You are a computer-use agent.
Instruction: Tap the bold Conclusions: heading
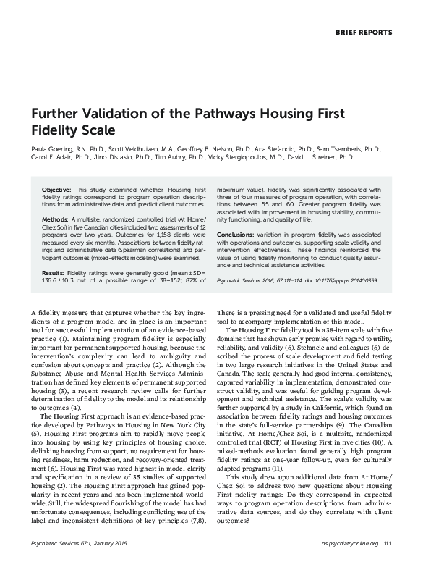pos(238,235)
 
